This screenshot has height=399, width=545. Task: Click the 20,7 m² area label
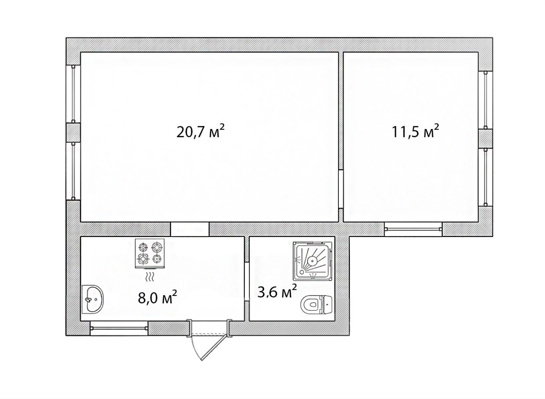click(x=200, y=131)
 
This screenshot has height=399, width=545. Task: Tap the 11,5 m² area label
click(x=415, y=131)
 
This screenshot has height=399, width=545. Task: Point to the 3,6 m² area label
click(x=277, y=292)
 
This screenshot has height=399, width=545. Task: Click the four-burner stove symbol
click(x=150, y=253)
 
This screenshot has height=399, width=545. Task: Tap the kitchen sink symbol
click(x=93, y=299)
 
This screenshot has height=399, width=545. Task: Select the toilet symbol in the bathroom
click(x=317, y=304)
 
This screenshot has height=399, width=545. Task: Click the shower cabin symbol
click(x=312, y=262)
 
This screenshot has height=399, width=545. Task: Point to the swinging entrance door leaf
click(x=216, y=349)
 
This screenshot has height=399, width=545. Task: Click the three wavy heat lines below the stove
click(x=150, y=277)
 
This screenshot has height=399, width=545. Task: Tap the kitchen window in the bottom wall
click(x=119, y=328)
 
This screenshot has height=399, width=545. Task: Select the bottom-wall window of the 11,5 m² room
click(x=413, y=229)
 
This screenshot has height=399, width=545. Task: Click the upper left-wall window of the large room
click(x=73, y=94)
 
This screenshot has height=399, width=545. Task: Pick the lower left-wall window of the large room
click(x=73, y=171)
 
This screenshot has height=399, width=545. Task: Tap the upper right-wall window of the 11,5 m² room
click(x=485, y=100)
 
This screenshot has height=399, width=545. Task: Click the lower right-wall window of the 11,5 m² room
click(x=485, y=177)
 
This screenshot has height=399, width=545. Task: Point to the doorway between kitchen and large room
click(x=190, y=229)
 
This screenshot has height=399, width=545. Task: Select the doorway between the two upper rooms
click(x=341, y=189)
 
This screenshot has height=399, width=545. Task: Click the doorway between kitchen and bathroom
click(x=247, y=282)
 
